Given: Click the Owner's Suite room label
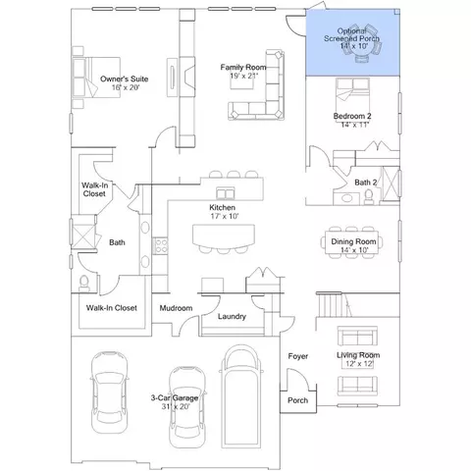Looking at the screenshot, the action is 124,78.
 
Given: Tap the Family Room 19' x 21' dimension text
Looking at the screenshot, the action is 243,76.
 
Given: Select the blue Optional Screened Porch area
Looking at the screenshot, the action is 352,42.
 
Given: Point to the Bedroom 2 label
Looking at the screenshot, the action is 352,116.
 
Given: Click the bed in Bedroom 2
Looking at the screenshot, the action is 352,95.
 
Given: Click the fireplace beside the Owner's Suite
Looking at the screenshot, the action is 187,78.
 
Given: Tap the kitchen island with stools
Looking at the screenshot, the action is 224,238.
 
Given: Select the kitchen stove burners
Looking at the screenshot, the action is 160,245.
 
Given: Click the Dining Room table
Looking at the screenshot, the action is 352,242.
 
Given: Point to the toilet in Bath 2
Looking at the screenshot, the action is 369,197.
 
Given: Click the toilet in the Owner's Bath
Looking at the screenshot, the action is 84,284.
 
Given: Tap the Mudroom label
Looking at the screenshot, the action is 176,308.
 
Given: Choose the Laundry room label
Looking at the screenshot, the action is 232,317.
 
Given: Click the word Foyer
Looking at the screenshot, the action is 298,356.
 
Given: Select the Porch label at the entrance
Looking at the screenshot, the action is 297,400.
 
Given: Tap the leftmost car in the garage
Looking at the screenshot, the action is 109,392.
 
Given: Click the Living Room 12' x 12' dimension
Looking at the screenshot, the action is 359,364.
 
